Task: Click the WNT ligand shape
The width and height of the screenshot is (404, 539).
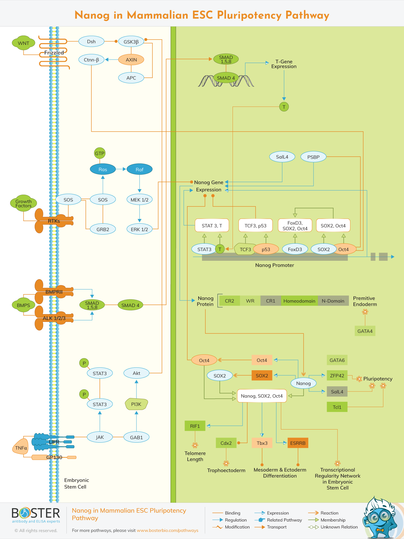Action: pos(23,43)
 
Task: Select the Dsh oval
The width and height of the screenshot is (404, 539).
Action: pos(91,41)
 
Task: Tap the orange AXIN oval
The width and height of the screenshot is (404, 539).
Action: pos(131,60)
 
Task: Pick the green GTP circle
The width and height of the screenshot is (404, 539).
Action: pos(100,153)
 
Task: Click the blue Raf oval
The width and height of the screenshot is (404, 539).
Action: pos(139,169)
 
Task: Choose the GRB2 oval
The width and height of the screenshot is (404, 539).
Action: pos(103,229)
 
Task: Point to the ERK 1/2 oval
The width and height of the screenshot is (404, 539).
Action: pos(139,229)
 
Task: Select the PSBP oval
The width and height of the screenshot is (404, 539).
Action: pos(313,157)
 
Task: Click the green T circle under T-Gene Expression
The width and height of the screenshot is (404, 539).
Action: pos(284,107)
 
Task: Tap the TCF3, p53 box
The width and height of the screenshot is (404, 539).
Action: pos(255,226)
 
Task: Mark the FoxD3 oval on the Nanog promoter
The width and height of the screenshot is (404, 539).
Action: pos(295,249)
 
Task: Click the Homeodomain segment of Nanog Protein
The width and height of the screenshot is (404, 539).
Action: pos(299,301)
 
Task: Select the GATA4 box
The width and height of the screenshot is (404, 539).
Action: pos(365,331)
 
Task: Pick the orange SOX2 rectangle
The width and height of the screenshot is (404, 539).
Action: pos(262,376)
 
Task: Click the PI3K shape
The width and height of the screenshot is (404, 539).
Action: pos(136,404)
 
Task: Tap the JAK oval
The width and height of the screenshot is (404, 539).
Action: pos(100,437)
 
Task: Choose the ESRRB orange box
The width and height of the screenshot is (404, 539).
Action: pos(298,443)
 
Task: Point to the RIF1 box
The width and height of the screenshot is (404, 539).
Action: pos(195,426)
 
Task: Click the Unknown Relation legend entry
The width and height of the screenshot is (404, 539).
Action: pos(339,527)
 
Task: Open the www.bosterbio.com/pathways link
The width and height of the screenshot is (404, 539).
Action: pos(167,530)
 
